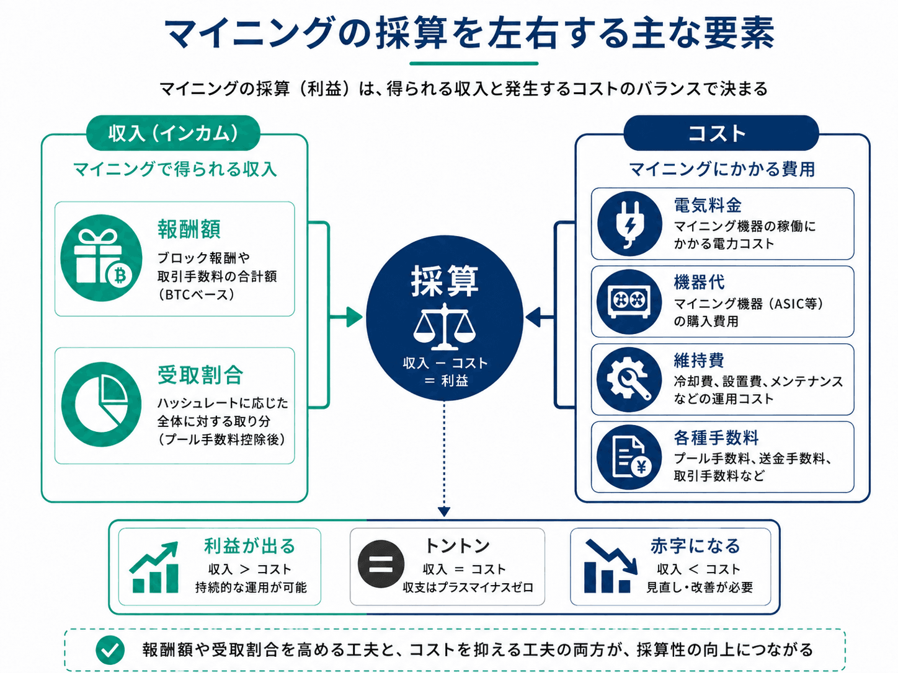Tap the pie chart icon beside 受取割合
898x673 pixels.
click(101, 405)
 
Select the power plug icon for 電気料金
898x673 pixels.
click(629, 224)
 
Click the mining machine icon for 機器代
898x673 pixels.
click(629, 302)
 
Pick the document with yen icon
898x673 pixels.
click(629, 457)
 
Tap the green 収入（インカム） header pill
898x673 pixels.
click(173, 133)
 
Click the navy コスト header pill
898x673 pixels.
click(721, 133)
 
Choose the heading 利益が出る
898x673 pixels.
click(249, 546)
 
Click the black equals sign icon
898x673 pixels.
click(381, 564)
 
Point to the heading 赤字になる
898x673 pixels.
click(695, 546)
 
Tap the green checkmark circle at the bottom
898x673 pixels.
click(110, 650)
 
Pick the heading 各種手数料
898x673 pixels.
click(716, 438)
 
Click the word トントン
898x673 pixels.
click(458, 546)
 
